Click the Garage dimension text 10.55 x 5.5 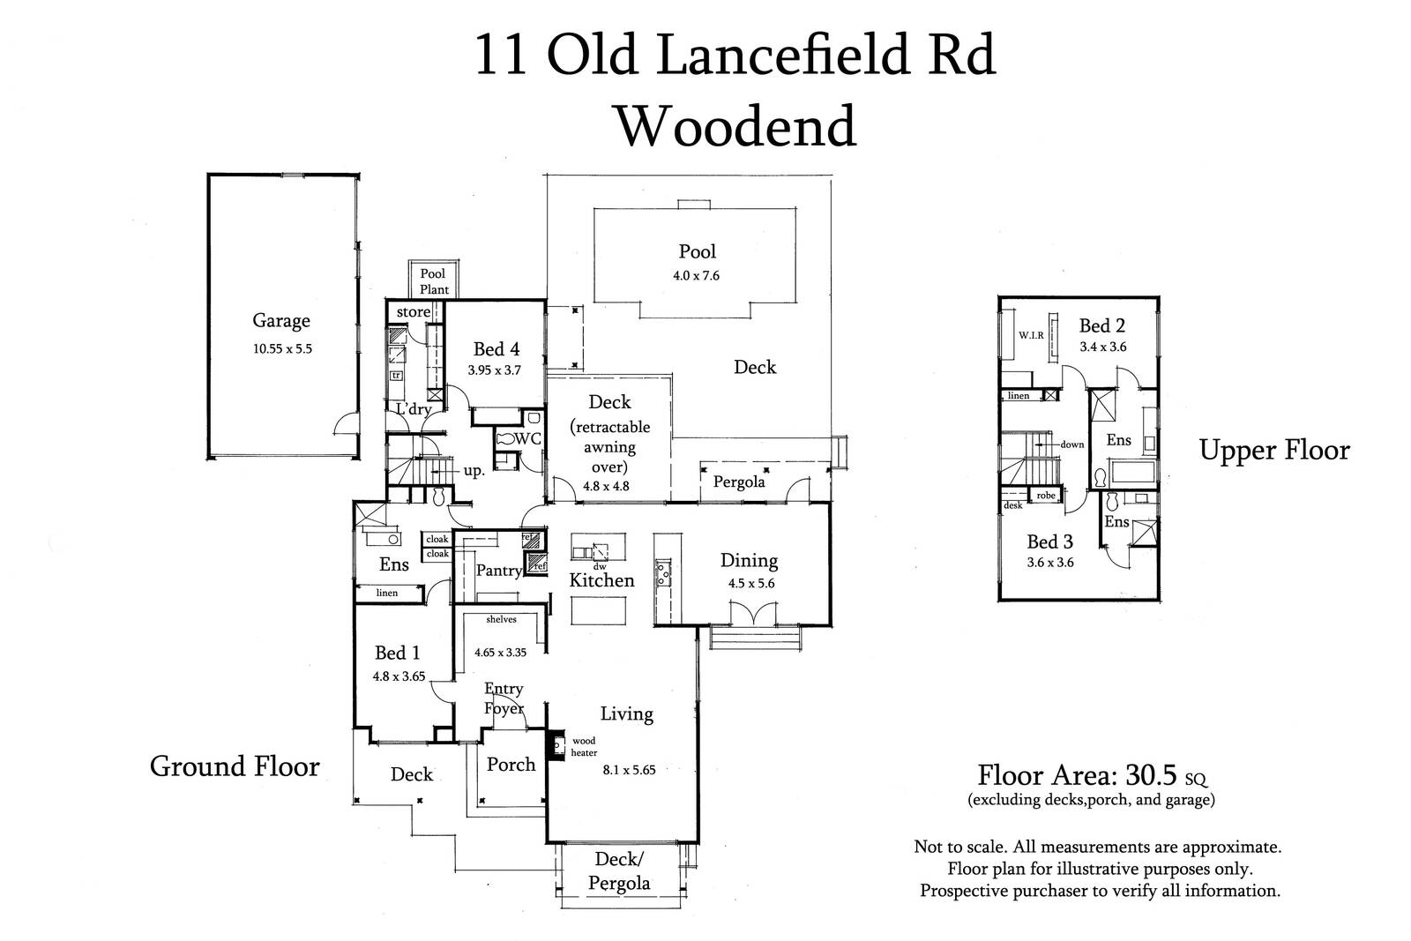282,349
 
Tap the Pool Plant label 434,281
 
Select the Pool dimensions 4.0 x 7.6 696,276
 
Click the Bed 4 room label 496,349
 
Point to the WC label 528,438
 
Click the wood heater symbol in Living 556,745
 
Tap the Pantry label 499,571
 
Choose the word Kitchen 601,580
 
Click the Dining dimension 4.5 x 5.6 751,583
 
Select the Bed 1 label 397,653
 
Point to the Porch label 511,765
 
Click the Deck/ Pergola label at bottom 619,871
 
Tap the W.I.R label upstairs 1031,336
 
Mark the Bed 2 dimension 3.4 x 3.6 1103,347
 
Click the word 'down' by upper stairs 1072,444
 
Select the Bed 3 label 1049,541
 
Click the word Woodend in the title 735,126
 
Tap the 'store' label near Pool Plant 414,312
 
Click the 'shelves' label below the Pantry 502,620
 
